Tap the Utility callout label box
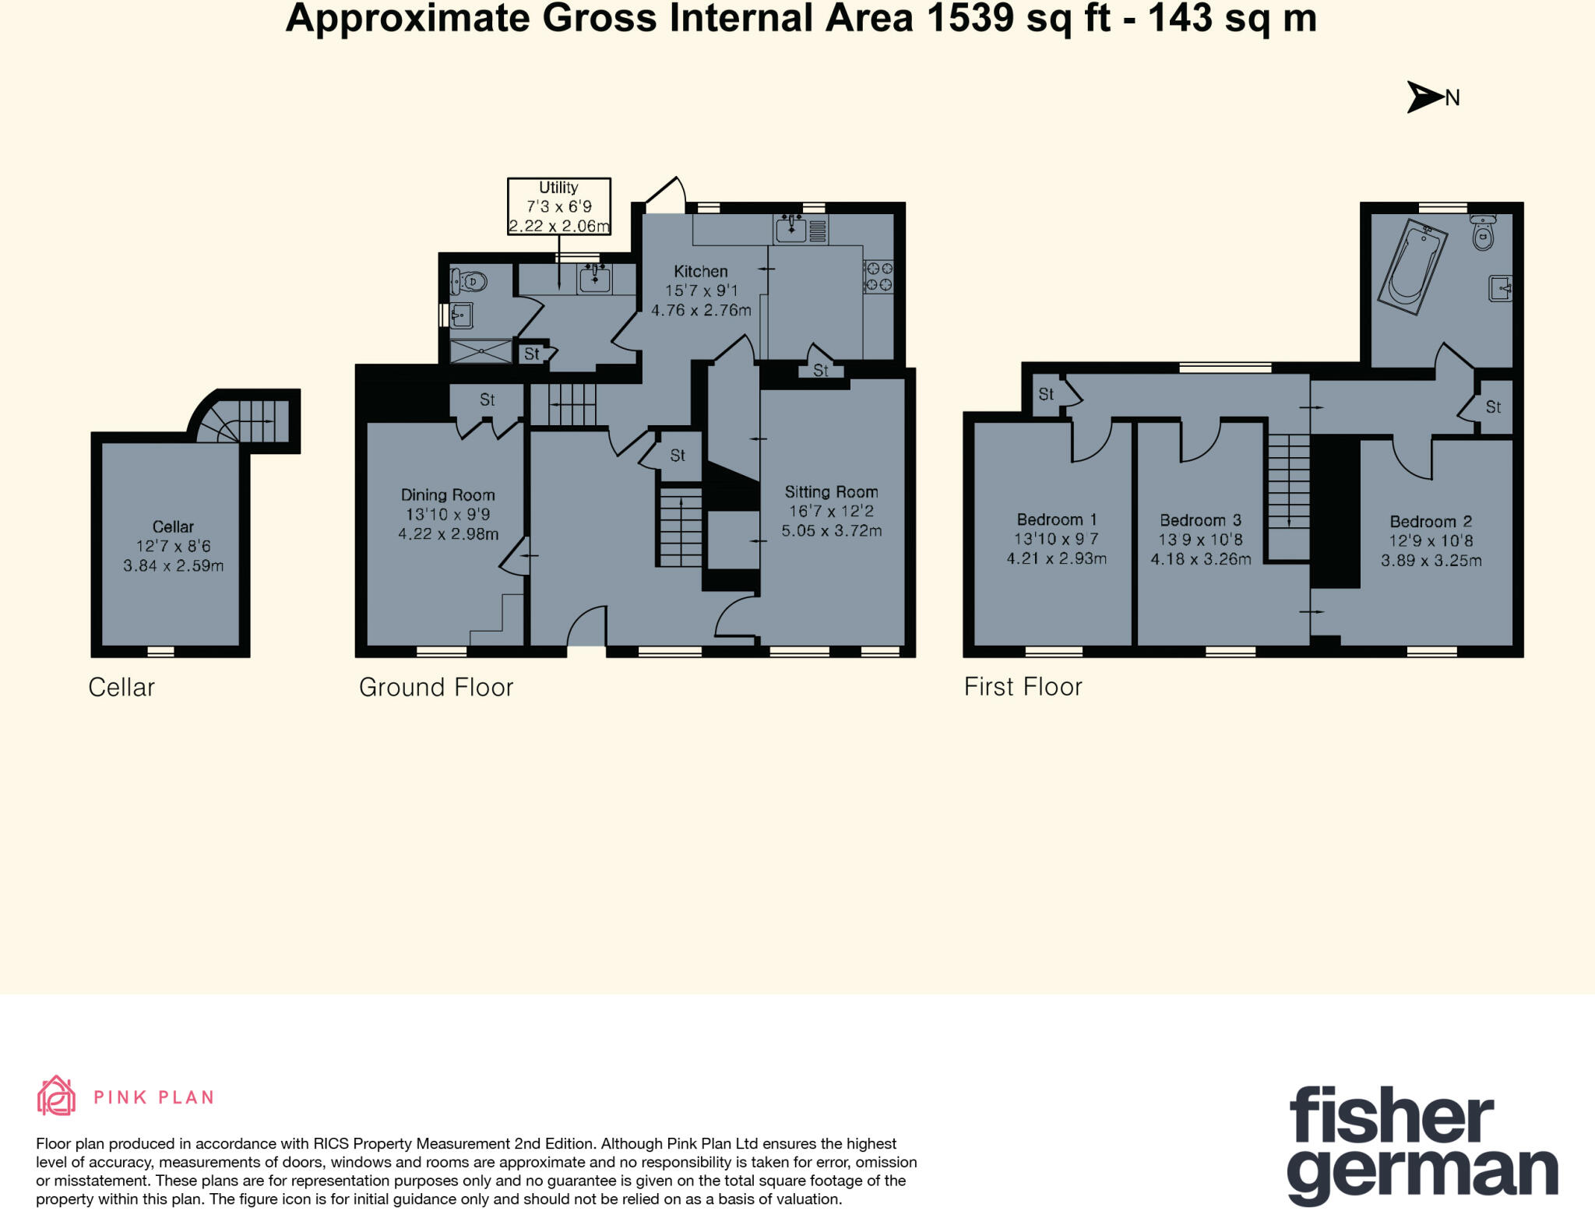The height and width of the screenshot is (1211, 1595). pos(558,206)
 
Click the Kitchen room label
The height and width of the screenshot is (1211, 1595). pos(700,271)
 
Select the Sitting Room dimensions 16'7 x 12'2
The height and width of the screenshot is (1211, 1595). pos(831,512)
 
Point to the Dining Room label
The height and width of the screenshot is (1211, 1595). pos(448,495)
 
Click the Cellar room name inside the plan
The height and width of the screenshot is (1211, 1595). pos(173,526)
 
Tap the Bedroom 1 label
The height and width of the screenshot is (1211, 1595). pos(1056,519)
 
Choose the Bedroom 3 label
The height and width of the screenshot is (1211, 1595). pos(1200,520)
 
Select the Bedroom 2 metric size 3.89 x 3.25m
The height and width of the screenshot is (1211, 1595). pos(1431,560)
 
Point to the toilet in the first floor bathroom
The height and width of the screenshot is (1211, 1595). pos(1482,233)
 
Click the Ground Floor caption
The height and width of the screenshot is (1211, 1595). pos(435,687)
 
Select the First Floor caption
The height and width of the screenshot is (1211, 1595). pos(1023,686)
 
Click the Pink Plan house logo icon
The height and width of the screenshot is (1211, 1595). pos(56,1097)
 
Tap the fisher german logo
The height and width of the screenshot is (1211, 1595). pos(1421,1145)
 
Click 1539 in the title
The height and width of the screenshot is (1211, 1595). pos(970,19)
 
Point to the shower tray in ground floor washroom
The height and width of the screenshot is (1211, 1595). pos(481,352)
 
